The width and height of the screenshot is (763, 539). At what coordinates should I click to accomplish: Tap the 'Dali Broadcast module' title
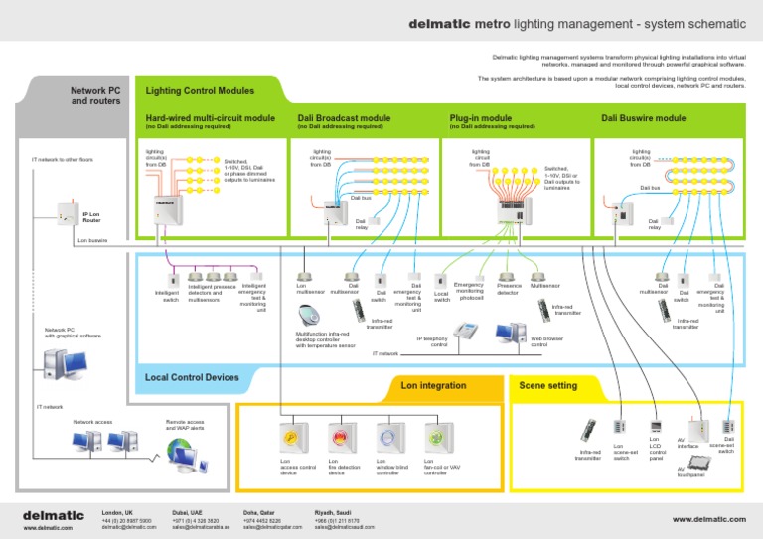tap(344, 118)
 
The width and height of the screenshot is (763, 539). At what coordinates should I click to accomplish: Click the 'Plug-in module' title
tap(481, 118)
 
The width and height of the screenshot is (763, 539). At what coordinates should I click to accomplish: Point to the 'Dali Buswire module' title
tap(644, 118)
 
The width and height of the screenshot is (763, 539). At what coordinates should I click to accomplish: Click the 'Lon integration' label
tap(433, 384)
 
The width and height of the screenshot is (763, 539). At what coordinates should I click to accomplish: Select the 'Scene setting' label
tap(547, 384)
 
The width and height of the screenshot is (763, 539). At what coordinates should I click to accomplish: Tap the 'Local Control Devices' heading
tap(192, 377)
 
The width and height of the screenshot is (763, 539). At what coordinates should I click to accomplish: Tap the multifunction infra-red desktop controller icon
tap(309, 316)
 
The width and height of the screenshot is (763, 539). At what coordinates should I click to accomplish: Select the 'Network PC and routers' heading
tap(95, 95)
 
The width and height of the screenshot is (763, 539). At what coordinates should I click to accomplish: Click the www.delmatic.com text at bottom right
tap(708, 518)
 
